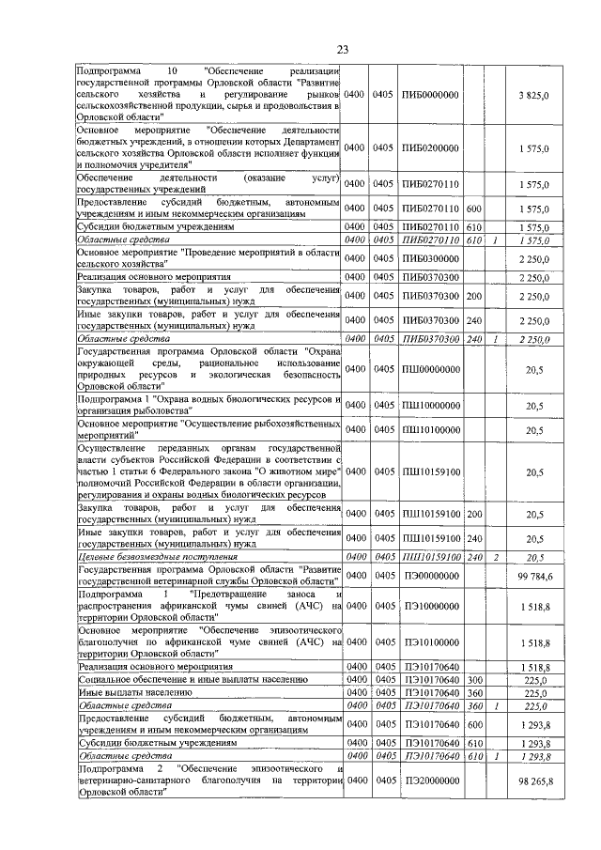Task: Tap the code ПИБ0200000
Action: [x=429, y=147]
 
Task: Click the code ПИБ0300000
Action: [x=429, y=258]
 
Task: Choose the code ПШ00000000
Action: [x=429, y=370]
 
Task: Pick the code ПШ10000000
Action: [x=429, y=406]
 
